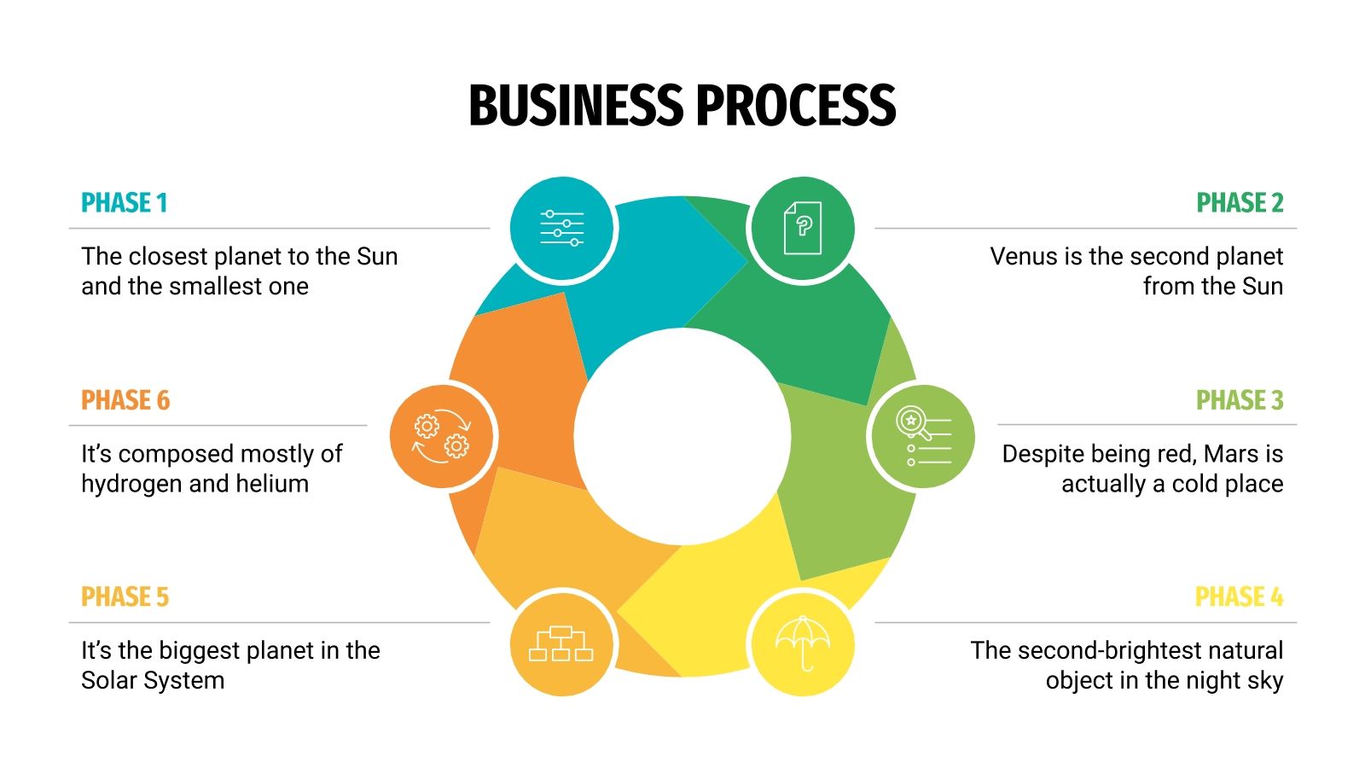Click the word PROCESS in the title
point(796,106)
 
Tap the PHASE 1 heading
point(125,203)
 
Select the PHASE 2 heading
point(1240,203)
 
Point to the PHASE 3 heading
point(1240,400)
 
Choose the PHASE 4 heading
point(1239,596)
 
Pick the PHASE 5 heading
point(125,596)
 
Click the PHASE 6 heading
point(125,400)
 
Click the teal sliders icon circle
point(562,229)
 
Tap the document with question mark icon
point(802,229)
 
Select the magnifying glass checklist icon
point(922,436)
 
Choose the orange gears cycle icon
point(442,437)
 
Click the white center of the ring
point(682,437)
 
